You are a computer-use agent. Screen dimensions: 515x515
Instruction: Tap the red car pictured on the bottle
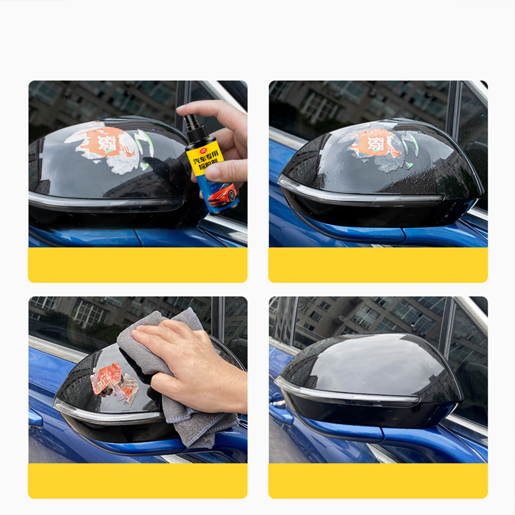223,194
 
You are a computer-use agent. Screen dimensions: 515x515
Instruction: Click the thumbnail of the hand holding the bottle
137,164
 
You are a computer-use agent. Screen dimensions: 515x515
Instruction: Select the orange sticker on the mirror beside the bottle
109,142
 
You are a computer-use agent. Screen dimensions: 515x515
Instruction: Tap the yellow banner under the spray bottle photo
137,265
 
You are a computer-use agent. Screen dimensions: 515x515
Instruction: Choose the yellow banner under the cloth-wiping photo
137,481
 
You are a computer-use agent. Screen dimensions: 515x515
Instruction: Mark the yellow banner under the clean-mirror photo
378,481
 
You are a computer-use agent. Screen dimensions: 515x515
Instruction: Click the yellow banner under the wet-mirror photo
378,265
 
